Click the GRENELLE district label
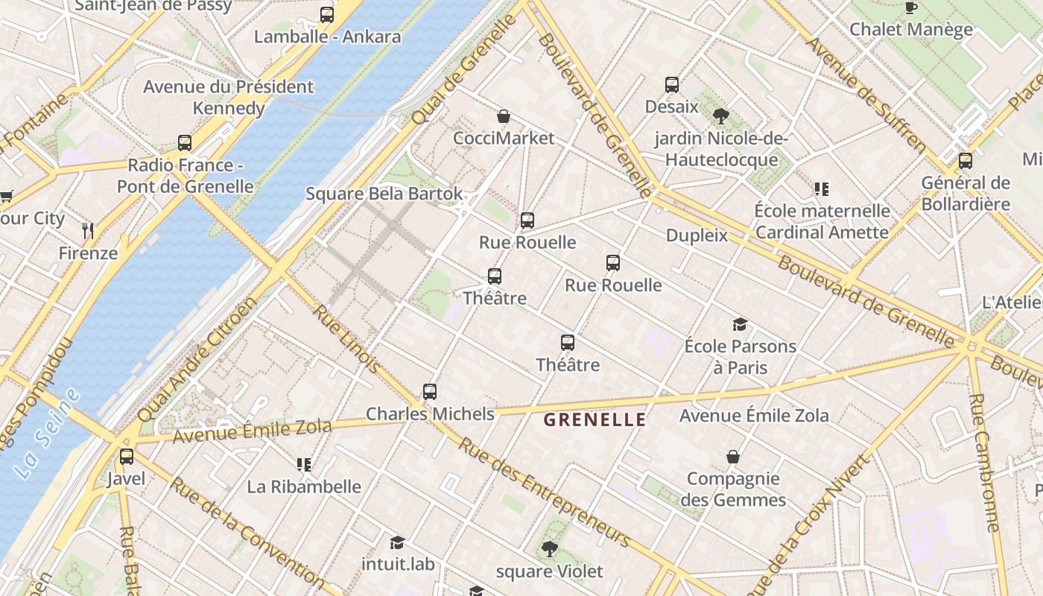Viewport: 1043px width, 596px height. pos(595,419)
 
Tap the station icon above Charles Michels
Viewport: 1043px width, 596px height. pos(430,392)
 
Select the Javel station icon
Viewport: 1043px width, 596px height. pos(127,457)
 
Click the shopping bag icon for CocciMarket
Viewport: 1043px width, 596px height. pos(504,116)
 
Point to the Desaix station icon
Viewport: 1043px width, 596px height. pos(672,85)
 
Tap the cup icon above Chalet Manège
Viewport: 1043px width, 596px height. pos(910,8)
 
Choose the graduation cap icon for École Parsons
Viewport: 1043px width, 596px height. pos(740,324)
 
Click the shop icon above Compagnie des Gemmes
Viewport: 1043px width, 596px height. pos(733,457)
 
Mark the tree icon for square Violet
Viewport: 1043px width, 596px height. pos(550,549)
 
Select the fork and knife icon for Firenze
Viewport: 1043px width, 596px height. pos(88,231)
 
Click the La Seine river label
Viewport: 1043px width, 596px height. pos(46,434)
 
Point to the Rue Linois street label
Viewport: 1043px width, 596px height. pos(346,339)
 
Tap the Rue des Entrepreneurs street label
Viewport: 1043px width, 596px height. pos(544,492)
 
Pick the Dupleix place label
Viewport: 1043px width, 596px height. pos(697,235)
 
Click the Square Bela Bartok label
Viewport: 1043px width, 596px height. pos(384,194)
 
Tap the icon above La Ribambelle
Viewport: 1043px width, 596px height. pos(303,465)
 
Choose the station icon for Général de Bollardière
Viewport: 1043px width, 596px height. pos(966,161)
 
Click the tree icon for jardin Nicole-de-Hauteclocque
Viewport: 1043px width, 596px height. pos(720,116)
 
